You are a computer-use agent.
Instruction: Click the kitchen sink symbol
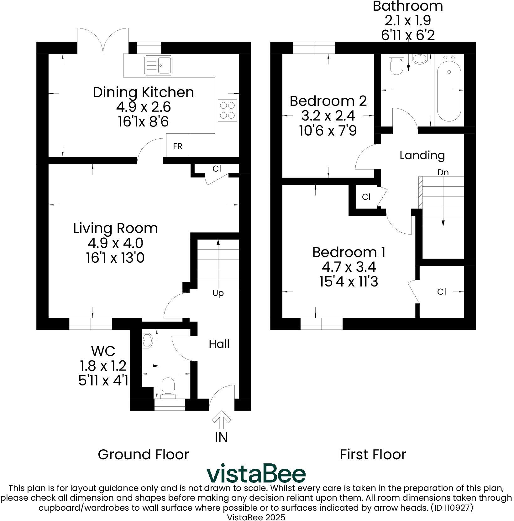tap(158, 65)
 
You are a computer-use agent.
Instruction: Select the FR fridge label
tap(178, 146)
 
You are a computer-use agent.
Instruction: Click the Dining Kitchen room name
tap(143, 92)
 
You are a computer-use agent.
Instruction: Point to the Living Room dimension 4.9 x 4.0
tap(115, 243)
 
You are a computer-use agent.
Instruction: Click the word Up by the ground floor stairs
tap(218, 293)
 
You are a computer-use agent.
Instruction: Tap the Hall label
tap(219, 344)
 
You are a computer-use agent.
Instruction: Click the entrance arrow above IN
tap(222, 420)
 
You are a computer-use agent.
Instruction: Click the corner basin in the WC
tap(147, 341)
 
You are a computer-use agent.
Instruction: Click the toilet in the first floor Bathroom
tap(396, 65)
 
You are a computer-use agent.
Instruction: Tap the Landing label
tap(422, 155)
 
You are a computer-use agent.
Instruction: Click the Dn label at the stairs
tap(443, 173)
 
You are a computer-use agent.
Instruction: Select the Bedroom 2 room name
tap(328, 101)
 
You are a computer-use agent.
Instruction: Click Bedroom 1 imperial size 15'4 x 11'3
tap(349, 282)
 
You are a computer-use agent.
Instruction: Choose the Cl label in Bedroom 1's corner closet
tap(441, 292)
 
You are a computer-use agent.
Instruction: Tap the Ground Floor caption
tap(143, 454)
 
